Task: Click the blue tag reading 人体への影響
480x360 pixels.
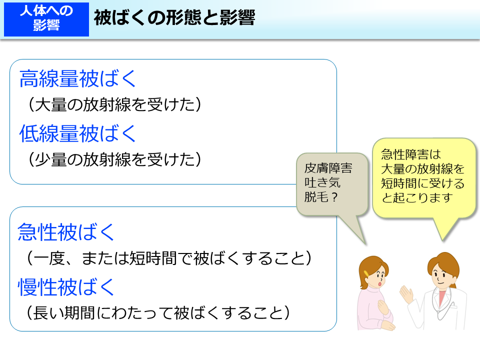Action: (x=46, y=19)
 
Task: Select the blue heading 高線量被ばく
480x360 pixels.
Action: (x=78, y=79)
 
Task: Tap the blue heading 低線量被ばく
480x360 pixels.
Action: (x=78, y=133)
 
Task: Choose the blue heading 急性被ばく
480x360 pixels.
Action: (x=67, y=232)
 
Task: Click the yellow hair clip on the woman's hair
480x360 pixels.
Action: (x=367, y=273)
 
